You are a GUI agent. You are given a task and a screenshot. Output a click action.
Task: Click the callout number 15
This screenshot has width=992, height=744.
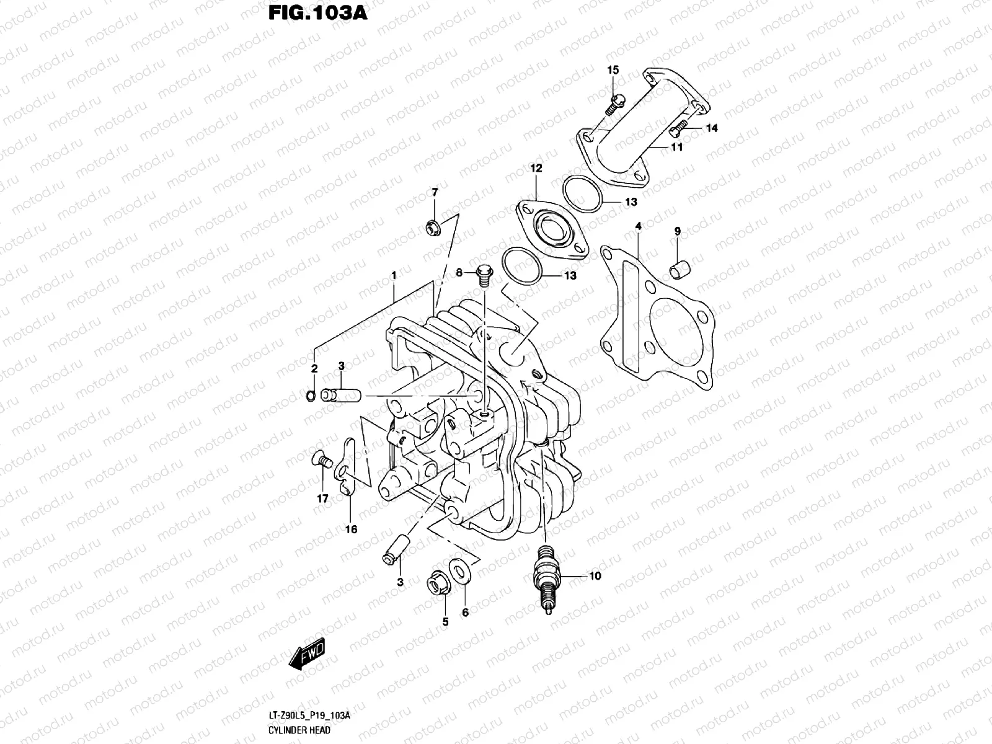pos(613,70)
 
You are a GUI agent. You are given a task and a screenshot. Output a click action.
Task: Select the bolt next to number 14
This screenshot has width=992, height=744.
pos(679,130)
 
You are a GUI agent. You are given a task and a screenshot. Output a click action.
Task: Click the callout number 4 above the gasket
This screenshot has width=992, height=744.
pos(638,228)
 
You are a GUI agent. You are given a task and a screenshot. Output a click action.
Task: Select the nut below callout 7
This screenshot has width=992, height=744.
pos(433,228)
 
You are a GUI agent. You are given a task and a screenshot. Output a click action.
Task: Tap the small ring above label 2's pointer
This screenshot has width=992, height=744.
pos(310,395)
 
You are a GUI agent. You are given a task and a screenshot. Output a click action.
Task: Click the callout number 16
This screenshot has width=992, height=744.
pos(351,529)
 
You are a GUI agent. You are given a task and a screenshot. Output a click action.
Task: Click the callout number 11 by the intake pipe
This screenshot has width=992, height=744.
pos(676,147)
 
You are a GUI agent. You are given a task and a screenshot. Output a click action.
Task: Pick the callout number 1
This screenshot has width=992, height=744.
pos(393,275)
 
